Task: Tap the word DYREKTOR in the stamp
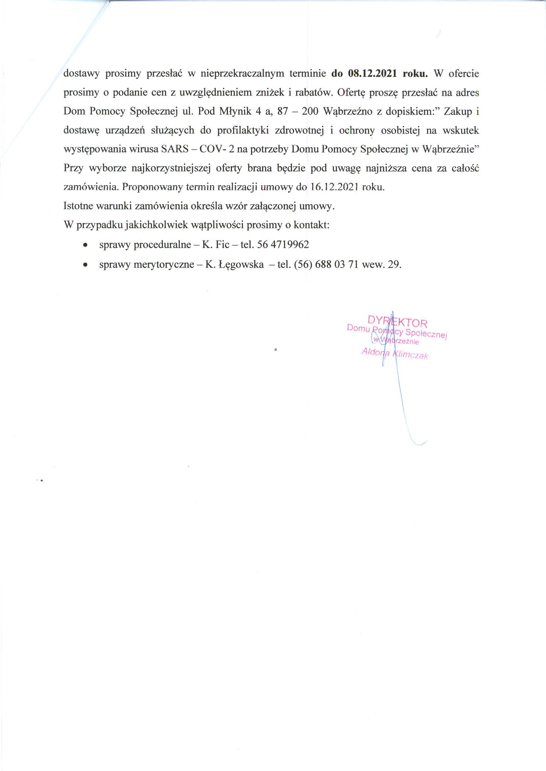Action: (397, 322)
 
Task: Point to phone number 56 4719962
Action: (283, 245)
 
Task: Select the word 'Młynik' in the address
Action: (235, 112)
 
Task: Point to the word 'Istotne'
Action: (78, 206)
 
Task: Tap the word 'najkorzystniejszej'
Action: (171, 169)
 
